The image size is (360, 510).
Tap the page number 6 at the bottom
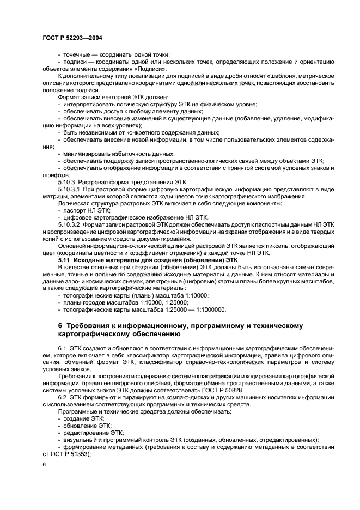click(x=44, y=464)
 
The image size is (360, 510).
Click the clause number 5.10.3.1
click(x=70, y=188)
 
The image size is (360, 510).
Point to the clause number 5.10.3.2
click(x=70, y=224)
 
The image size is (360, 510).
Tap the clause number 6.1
click(x=62, y=347)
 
